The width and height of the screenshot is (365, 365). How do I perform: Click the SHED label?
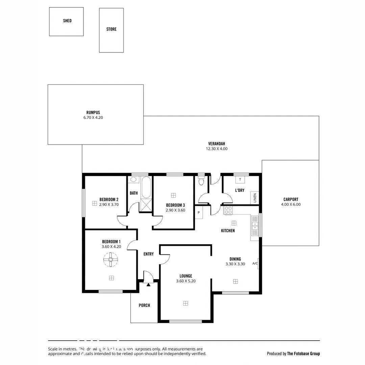coord(67,21)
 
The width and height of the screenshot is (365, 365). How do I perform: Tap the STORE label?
coord(111,29)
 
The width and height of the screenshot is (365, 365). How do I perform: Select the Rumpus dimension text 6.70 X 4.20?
coord(93,118)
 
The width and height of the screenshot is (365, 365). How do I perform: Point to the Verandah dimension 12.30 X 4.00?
coord(217,149)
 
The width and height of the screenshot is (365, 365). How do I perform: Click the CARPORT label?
coord(291,199)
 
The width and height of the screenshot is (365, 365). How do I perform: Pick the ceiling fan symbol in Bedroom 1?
coord(111,260)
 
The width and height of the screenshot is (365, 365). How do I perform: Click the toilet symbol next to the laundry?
coord(201,181)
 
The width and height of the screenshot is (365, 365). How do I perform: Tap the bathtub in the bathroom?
coord(146,188)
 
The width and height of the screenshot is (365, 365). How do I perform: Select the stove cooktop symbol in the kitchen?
coord(228,210)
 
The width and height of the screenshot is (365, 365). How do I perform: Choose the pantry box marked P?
coord(199,212)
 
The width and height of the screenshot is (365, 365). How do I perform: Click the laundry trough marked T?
coord(240,179)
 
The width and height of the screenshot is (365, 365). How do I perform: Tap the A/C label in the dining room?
coord(255,264)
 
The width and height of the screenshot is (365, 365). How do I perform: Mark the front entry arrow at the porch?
coord(148,285)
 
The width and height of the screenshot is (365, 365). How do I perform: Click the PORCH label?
coord(144,306)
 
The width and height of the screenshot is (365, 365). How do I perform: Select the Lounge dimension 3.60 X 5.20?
coord(186,281)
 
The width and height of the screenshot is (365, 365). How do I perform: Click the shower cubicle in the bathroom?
coord(147,205)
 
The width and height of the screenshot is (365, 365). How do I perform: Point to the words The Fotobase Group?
coord(303,354)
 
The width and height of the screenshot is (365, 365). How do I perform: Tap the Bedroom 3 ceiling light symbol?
coord(173,195)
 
